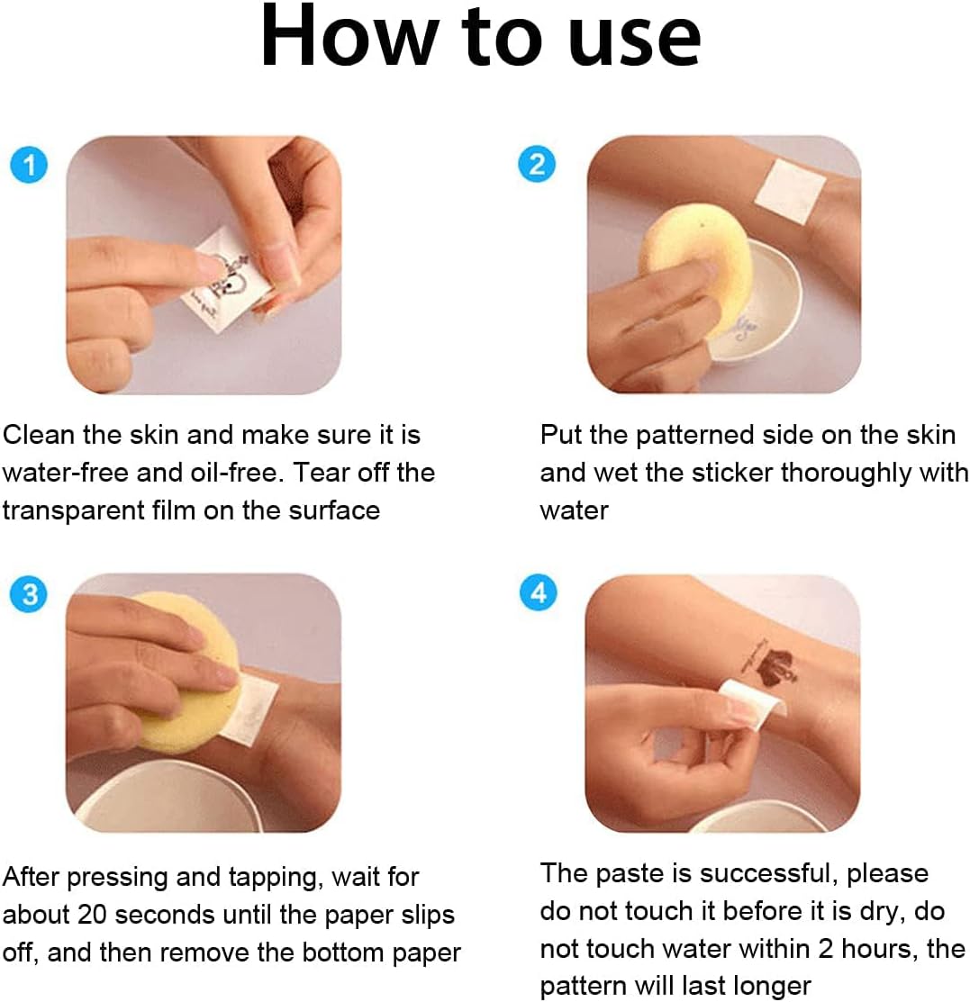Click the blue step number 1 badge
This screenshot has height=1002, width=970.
tap(29, 165)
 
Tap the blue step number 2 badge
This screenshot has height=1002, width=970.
tap(537, 164)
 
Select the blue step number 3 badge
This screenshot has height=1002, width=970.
tap(29, 594)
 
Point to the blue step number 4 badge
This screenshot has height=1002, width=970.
tap(539, 592)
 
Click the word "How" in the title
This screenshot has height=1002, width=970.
tap(349, 36)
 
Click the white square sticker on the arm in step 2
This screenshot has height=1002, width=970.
tap(791, 192)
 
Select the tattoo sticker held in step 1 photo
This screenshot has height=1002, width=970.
tap(223, 281)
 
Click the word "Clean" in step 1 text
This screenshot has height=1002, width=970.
tap(39, 435)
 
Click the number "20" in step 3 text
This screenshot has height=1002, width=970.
tap(92, 915)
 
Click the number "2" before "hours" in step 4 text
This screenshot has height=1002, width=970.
tap(826, 949)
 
